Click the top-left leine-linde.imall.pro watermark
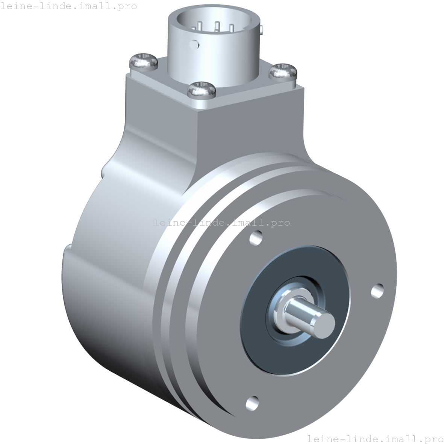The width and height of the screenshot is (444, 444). point(68,6)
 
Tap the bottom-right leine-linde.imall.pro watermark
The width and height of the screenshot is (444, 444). point(375,438)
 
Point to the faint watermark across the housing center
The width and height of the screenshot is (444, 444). point(222,223)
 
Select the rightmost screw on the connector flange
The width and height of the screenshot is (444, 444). point(283,71)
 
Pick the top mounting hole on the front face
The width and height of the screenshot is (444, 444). point(257,238)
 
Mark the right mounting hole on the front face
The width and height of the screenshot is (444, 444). point(377,291)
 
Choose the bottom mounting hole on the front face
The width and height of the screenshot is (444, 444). point(252,403)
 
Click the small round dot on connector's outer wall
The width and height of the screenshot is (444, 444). point(194,44)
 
